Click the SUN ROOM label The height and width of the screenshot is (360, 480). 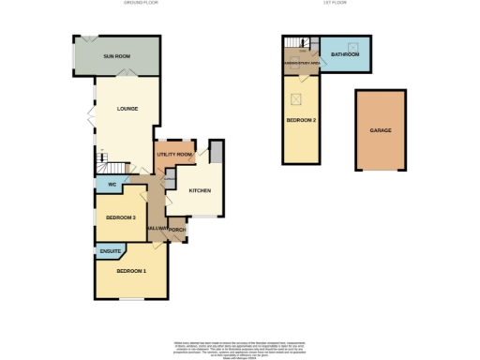tap(117, 57)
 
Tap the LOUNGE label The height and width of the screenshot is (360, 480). tap(127, 109)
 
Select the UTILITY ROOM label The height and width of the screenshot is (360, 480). tap(174, 153)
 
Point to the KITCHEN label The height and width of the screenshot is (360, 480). tap(201, 190)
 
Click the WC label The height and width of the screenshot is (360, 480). tap(112, 184)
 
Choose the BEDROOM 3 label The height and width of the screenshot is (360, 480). tap(121, 217)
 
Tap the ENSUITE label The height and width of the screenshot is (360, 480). tap(111, 251)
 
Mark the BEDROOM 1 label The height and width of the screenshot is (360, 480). tap(131, 271)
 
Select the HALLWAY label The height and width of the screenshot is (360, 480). tap(157, 229)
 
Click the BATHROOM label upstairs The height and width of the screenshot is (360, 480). tap(345, 55)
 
